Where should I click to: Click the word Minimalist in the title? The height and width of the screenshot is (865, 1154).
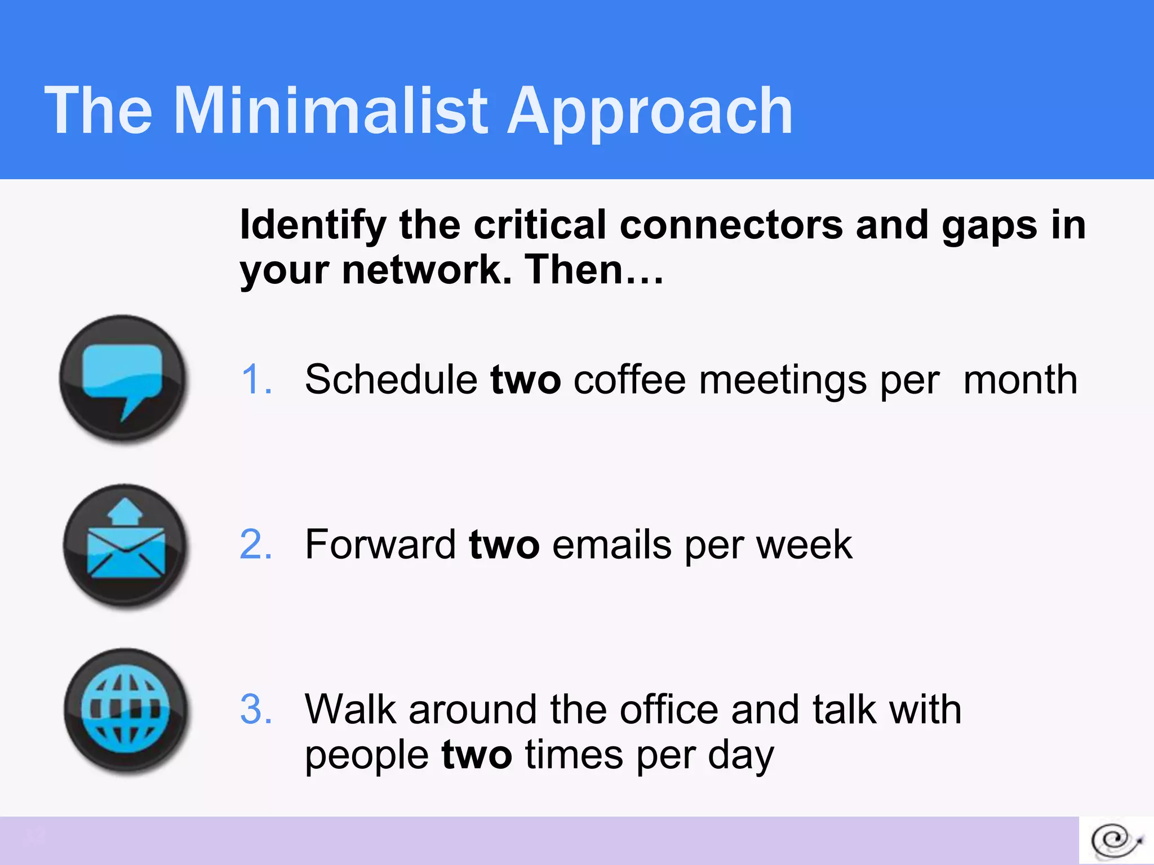point(331,111)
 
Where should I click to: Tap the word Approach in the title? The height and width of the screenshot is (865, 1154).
point(650,111)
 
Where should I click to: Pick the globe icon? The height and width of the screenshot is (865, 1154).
point(125,710)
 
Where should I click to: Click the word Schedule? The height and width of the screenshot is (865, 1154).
point(391,379)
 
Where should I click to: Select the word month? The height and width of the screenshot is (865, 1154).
point(1020,379)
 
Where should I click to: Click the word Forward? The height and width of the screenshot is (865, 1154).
point(380,545)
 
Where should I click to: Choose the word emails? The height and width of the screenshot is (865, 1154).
point(612,545)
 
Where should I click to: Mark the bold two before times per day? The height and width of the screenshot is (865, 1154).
point(476,755)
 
